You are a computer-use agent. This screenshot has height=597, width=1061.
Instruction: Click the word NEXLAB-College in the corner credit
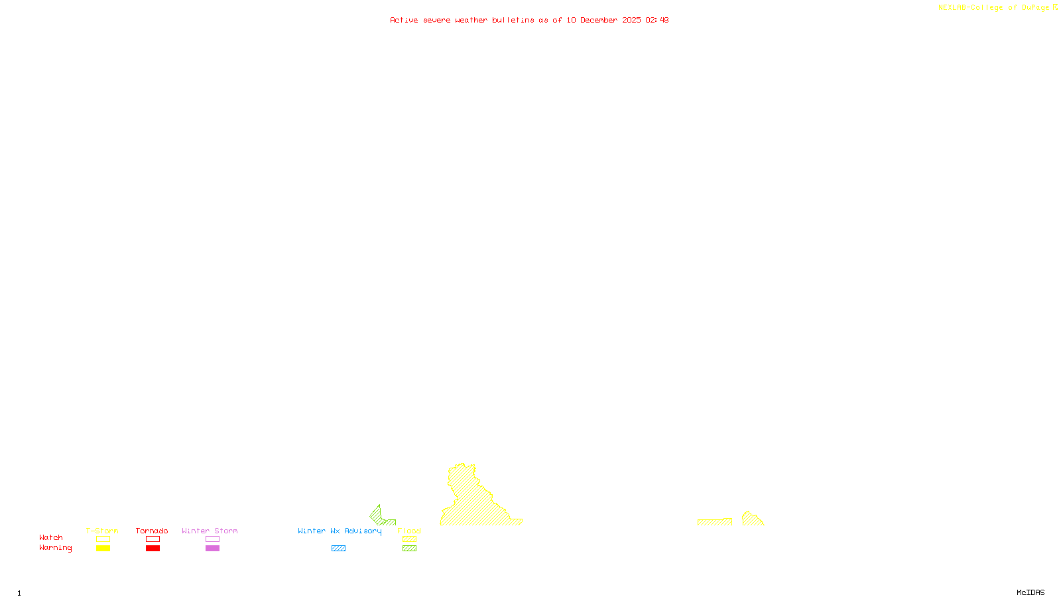[x=970, y=8]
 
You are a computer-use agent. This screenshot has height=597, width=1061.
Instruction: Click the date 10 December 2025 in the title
[x=603, y=21]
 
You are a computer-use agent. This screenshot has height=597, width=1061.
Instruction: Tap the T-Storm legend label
[x=102, y=531]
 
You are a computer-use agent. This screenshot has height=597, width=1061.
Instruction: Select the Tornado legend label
[x=152, y=531]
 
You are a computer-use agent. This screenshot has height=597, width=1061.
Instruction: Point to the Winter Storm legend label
[x=210, y=531]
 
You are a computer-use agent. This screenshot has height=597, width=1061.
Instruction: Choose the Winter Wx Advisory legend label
[x=340, y=531]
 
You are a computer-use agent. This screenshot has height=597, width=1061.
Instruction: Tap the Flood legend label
[x=409, y=531]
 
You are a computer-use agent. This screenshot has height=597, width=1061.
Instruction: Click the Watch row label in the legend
[x=51, y=538]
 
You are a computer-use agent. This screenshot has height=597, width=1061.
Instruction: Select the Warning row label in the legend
[x=56, y=548]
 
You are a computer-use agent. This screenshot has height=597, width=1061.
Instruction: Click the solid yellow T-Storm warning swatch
[x=103, y=549]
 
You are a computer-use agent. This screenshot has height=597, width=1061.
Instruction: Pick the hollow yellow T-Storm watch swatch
[x=103, y=539]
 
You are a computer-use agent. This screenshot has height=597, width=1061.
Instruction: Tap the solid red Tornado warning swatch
[x=153, y=549]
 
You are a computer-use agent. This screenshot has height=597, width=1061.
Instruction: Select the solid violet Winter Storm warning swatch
[x=212, y=549]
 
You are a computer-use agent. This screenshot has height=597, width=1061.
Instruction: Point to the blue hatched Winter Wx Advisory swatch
[x=338, y=549]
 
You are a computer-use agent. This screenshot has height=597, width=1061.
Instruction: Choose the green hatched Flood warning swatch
[x=409, y=549]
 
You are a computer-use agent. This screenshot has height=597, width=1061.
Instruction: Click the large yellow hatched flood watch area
[x=474, y=504]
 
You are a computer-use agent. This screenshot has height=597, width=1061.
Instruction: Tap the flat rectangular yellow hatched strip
[x=714, y=522]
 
